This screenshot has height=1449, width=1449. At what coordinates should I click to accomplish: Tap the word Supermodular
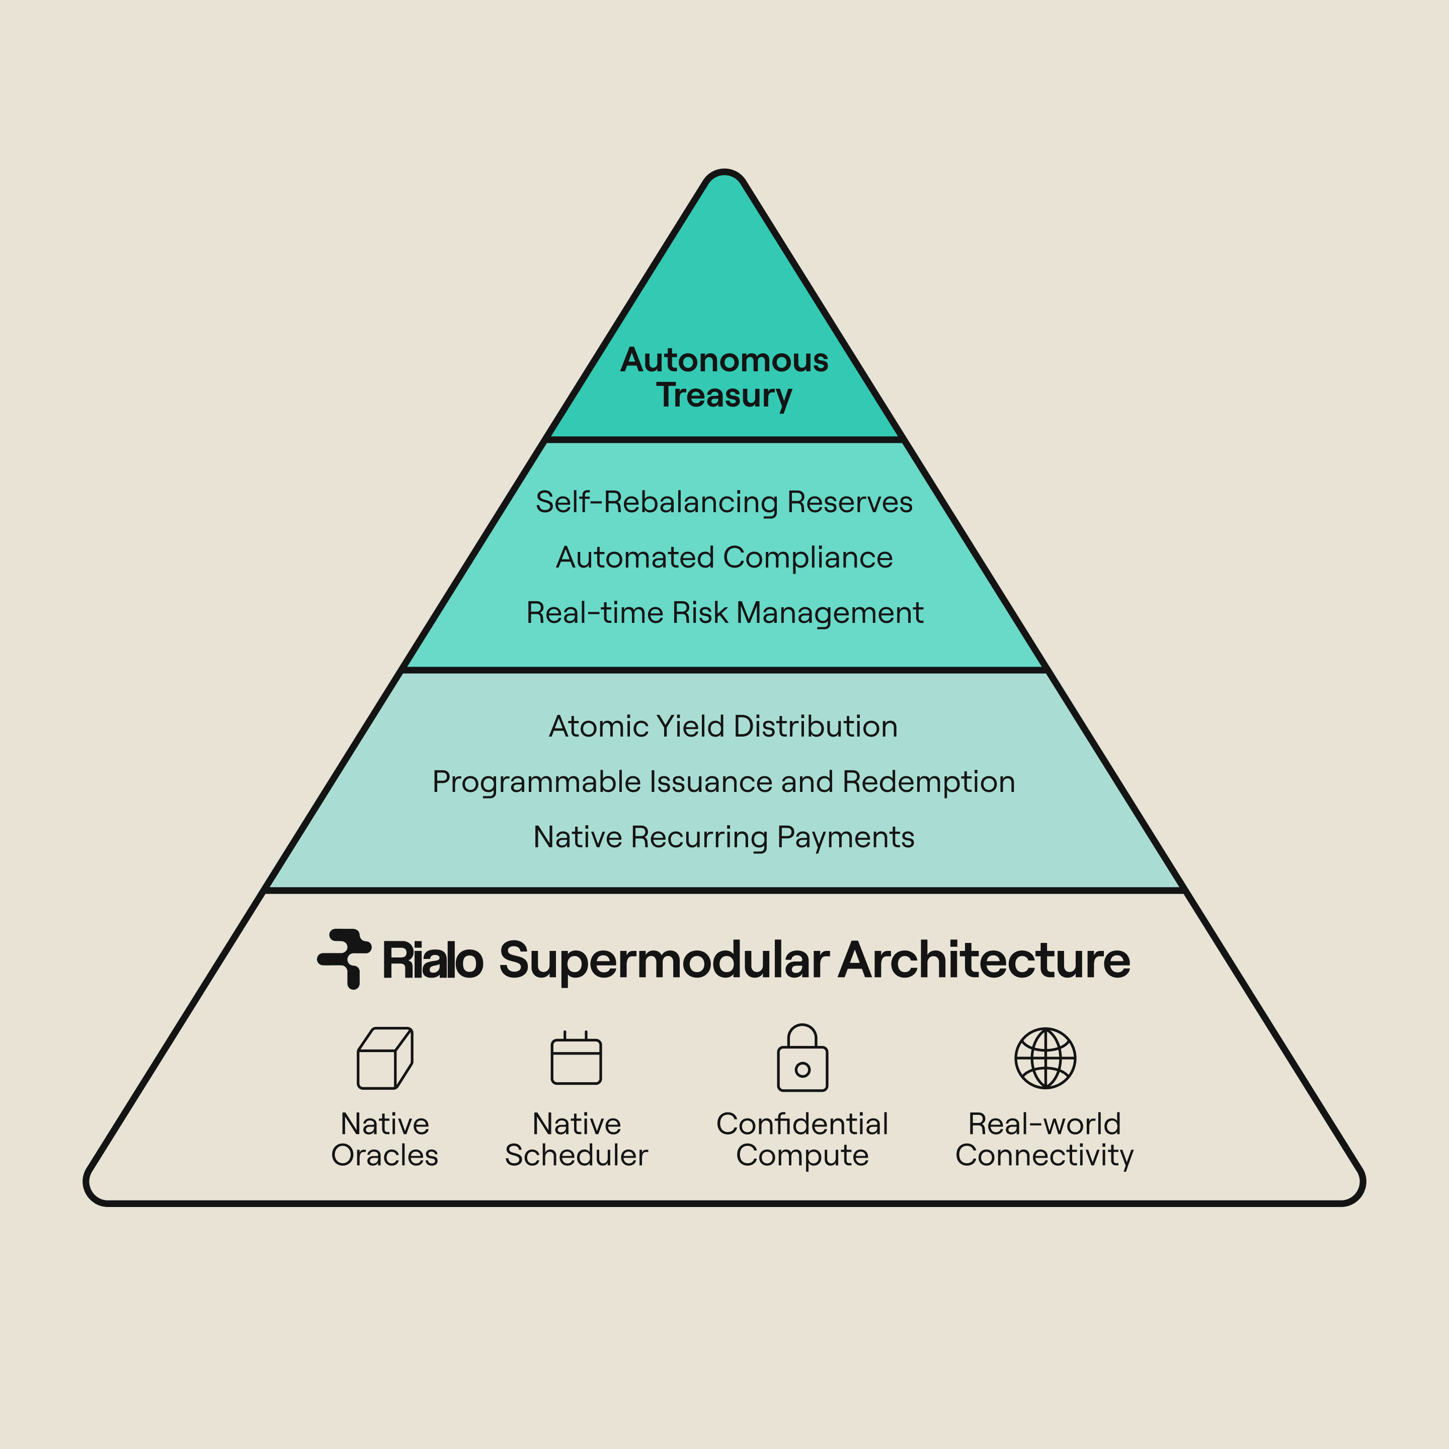tap(664, 961)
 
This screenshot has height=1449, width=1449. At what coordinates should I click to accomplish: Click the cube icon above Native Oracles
tap(385, 1058)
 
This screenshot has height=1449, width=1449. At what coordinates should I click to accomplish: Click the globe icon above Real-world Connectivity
tap(1045, 1058)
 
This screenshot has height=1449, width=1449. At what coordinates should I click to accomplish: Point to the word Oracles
tap(385, 1155)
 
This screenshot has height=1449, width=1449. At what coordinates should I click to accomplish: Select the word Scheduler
tap(576, 1155)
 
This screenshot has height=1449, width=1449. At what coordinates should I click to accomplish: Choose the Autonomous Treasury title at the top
tap(725, 377)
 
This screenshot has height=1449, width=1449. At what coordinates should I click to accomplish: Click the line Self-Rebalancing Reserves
tap(725, 502)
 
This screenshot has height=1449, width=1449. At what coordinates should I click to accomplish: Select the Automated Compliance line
tap(725, 557)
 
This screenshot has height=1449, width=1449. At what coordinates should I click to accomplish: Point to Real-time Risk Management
tap(725, 613)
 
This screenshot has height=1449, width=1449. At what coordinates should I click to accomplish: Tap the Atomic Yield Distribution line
tap(724, 726)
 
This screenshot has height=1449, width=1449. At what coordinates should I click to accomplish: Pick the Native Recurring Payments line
tap(724, 837)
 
